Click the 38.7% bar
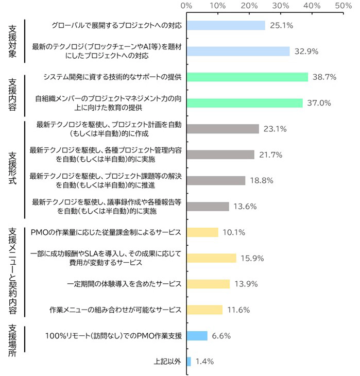(x=247, y=77)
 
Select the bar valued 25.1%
(x=226, y=25)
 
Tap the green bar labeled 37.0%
(x=245, y=103)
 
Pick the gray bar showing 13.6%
(x=208, y=207)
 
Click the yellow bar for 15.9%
(x=211, y=258)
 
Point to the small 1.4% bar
(x=188, y=362)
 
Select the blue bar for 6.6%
(x=197, y=336)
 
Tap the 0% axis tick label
(x=187, y=6)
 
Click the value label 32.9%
(x=306, y=52)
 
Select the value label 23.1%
(x=275, y=129)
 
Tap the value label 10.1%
(x=234, y=232)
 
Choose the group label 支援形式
(x=12, y=167)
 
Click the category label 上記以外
(x=167, y=362)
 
